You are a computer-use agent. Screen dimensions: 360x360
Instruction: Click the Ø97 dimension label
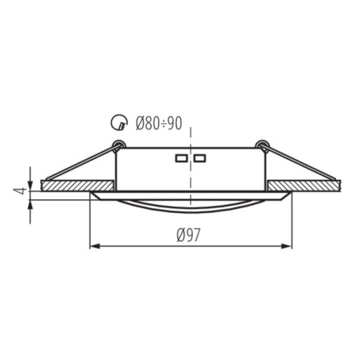point(188,235)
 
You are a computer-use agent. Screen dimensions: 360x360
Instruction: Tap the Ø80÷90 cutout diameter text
point(159,123)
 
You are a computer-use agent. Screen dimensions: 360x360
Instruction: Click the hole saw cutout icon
point(119,122)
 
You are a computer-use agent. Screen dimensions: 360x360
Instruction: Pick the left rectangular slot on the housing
point(181,158)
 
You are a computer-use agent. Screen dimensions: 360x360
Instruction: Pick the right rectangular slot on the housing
point(200,158)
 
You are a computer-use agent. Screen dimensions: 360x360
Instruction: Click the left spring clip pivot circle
point(118,145)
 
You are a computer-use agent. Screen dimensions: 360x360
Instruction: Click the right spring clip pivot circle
point(262,145)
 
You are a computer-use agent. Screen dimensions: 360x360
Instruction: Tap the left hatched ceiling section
point(77,186)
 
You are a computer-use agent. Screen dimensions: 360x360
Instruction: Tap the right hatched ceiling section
point(304,186)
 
